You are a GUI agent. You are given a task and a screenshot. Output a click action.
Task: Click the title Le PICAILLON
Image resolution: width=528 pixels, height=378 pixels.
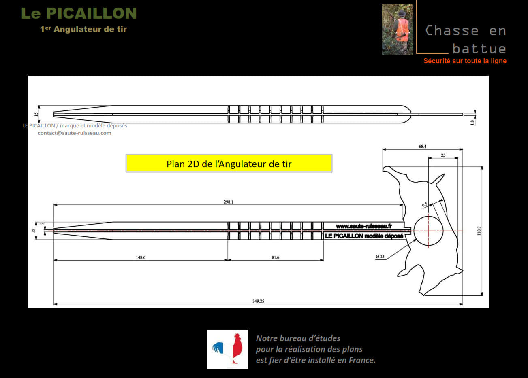(x=79, y=13)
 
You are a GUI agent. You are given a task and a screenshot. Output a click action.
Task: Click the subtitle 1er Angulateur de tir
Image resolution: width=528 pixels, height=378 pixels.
(x=83, y=29)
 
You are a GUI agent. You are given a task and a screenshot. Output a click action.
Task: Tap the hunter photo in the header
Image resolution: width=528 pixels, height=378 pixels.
(x=398, y=30)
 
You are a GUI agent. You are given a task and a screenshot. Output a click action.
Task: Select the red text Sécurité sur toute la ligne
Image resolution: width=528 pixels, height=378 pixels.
(x=465, y=61)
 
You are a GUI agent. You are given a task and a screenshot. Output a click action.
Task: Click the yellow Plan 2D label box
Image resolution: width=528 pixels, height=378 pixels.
(x=229, y=164)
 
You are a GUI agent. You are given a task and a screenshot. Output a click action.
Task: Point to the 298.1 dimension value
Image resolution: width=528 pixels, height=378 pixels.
(x=229, y=202)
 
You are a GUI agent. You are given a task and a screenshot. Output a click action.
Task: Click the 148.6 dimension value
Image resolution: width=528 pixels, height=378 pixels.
(x=141, y=257)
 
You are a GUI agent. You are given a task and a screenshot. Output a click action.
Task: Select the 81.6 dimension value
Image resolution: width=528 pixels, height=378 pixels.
(x=276, y=257)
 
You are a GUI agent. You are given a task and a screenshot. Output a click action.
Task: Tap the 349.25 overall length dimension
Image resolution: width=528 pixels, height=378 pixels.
(x=258, y=301)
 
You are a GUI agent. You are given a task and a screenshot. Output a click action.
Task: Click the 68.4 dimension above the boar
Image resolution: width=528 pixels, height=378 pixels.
(x=423, y=147)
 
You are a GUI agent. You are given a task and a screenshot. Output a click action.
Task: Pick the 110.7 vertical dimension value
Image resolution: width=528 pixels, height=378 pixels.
(x=479, y=231)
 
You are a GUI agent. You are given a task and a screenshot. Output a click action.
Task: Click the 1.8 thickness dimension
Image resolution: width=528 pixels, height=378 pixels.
(x=472, y=122)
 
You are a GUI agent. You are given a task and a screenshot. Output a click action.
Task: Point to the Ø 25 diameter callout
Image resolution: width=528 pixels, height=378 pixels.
(x=380, y=257)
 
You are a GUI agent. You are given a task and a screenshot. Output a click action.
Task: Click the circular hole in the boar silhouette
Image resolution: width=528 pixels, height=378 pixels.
(x=429, y=231)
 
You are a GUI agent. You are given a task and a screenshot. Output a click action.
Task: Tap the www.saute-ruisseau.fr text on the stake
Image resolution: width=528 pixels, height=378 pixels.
(x=364, y=226)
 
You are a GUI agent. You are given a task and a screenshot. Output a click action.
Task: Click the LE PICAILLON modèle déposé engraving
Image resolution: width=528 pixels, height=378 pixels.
(x=364, y=236)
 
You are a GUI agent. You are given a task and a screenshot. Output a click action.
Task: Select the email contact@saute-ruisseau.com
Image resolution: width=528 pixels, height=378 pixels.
(x=75, y=133)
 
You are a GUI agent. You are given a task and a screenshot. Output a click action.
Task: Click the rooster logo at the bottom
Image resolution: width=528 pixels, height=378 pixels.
(x=228, y=349)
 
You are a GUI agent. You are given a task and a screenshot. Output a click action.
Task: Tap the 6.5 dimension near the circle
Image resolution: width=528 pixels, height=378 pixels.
(x=425, y=205)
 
